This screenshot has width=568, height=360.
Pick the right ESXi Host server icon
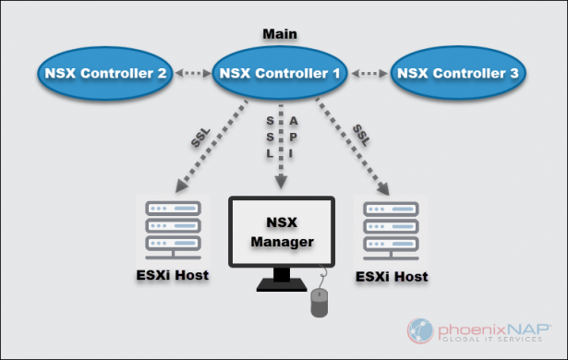(383, 230)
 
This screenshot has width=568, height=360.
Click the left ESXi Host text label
(166, 277)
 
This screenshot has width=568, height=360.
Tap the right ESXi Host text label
(393, 276)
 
